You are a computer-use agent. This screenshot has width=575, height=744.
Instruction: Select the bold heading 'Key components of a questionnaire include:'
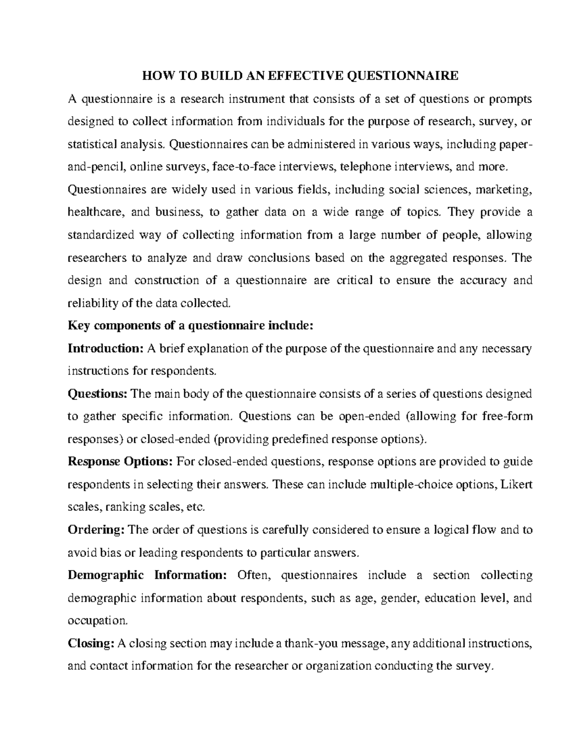tap(190, 326)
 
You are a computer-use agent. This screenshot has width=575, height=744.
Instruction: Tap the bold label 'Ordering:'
tap(96, 530)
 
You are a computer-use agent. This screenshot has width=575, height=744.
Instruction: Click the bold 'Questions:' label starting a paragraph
tap(98, 394)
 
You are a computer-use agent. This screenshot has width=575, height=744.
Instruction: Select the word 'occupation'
tap(97, 621)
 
